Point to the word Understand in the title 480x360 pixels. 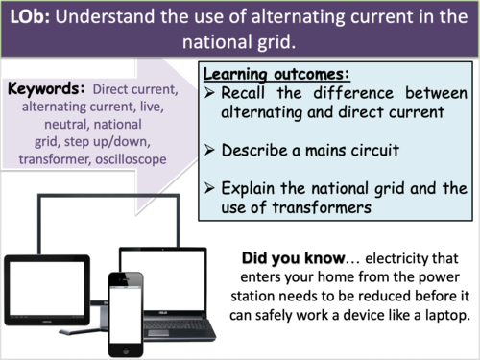point(116,18)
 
